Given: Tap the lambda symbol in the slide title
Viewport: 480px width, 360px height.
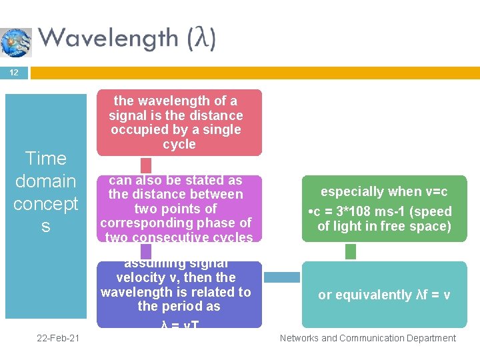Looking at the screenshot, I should click(x=201, y=39).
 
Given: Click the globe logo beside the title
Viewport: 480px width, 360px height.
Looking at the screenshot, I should click(x=16, y=42).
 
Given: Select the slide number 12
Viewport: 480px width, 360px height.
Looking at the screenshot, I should click(x=14, y=73).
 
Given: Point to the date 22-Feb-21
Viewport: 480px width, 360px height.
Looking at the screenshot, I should click(x=59, y=339).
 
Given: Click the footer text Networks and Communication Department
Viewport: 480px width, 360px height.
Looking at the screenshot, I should click(x=367, y=339).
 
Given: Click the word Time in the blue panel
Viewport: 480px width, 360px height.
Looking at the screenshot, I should click(x=45, y=159).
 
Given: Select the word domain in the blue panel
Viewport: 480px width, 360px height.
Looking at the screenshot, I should click(x=45, y=181).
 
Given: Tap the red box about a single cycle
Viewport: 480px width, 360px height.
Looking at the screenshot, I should click(x=179, y=123).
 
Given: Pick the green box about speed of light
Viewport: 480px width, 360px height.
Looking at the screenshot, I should click(x=384, y=209).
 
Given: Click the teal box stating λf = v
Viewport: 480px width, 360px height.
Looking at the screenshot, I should click(x=384, y=295).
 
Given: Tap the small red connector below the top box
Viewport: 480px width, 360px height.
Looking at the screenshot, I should click(x=146, y=165).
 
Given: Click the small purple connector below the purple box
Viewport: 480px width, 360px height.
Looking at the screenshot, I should click(x=146, y=251).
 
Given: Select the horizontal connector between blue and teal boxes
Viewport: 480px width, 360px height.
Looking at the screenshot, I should click(x=282, y=277).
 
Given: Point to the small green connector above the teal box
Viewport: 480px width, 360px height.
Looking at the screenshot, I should click(x=351, y=251).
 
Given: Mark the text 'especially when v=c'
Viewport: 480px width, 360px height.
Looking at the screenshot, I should click(x=384, y=192).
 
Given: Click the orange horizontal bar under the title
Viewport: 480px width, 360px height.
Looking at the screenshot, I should click(x=253, y=73).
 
